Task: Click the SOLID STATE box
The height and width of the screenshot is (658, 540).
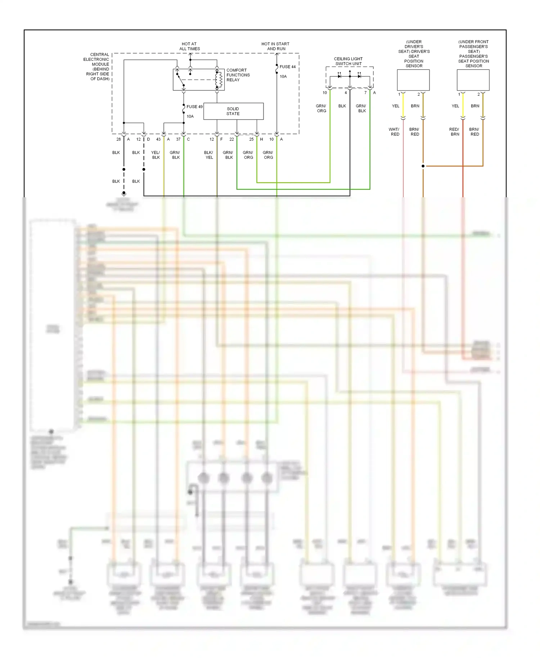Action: click(233, 111)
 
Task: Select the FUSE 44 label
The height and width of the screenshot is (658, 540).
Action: click(287, 67)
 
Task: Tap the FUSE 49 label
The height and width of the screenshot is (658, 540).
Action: click(194, 107)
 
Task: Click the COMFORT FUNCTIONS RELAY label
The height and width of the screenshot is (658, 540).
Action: click(238, 75)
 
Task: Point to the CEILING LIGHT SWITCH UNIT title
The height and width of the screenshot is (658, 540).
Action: click(348, 61)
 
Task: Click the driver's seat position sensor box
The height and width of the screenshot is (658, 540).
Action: click(413, 80)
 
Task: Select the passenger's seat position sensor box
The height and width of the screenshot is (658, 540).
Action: click(473, 80)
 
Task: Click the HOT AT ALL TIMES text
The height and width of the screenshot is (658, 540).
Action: click(189, 46)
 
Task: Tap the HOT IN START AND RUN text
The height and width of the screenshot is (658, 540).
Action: click(275, 46)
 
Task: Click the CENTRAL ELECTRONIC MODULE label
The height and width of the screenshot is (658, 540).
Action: click(97, 67)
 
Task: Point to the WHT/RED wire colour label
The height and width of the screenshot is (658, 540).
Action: click(394, 132)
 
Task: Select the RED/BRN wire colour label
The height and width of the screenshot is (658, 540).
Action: click(454, 132)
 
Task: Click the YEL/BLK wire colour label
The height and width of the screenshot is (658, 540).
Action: click(156, 155)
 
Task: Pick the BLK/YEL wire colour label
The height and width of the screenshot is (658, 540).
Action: click(209, 155)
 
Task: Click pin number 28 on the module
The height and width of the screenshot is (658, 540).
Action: click(118, 139)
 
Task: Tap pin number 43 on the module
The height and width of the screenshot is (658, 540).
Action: click(158, 139)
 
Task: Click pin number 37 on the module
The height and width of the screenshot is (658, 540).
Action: click(178, 139)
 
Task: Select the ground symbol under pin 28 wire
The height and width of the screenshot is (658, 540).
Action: click(124, 193)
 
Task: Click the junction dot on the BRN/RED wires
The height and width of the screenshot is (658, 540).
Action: click(423, 166)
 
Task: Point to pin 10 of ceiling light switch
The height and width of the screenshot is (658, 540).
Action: click(325, 93)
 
